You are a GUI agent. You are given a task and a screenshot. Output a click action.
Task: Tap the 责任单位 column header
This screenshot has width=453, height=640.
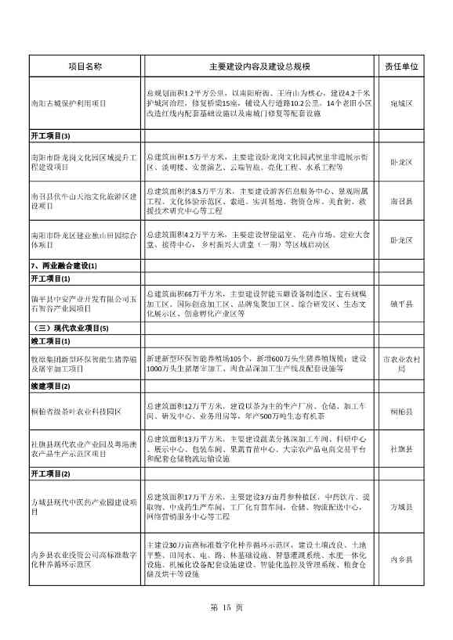point(401,67)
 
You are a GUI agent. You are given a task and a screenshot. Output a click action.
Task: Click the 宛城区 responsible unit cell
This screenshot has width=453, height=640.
point(401,103)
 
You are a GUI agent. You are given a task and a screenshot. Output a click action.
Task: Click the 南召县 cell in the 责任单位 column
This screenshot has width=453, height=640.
point(401,200)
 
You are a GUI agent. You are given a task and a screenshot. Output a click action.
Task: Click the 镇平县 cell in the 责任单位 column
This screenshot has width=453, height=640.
point(401,304)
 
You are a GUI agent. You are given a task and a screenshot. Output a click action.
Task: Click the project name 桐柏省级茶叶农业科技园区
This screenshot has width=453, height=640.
point(75,410)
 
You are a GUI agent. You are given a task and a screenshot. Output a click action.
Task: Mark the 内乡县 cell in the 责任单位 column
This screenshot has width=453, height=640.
point(401,559)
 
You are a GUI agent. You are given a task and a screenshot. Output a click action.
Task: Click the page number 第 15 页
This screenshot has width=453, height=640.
point(227,607)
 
